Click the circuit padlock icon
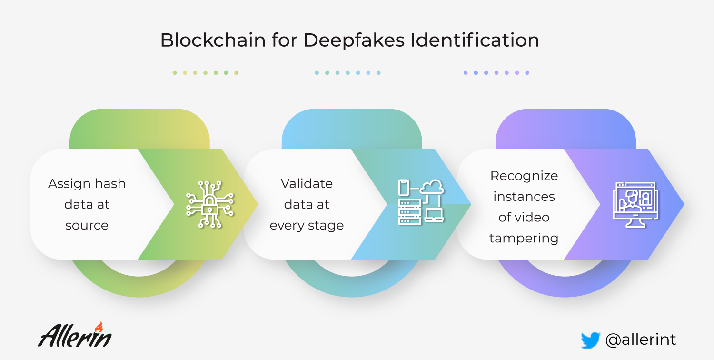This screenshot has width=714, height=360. pos(210,204)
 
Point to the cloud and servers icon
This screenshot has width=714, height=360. pos(421,202)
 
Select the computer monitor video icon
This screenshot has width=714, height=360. pos(635,203)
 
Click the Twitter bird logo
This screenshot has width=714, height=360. pos(590,340)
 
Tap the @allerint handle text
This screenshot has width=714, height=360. pos(640,340)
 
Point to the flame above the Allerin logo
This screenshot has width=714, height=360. pos(99,326)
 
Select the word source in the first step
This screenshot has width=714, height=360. pos(87,225)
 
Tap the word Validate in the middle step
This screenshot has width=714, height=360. pos(307,183)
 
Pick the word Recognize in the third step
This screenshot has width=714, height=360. pos(524,176)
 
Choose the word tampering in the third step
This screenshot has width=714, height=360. pos(524,238)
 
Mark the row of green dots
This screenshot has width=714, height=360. pos(205,73)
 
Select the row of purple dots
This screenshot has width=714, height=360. pos(496,73)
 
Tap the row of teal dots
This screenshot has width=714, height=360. pos(347,73)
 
